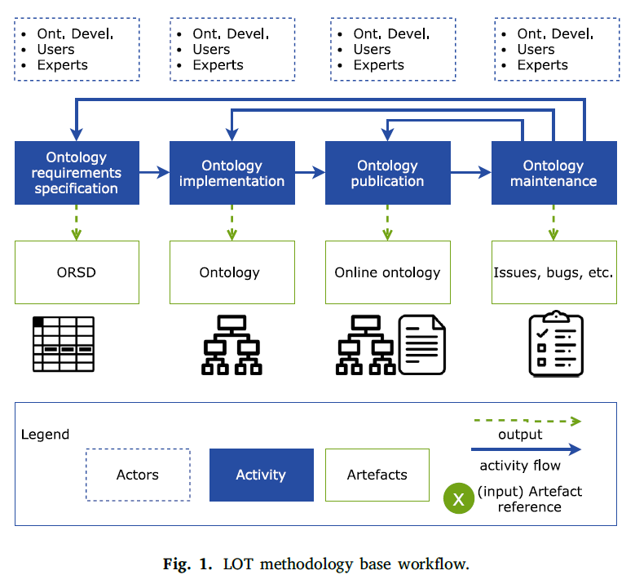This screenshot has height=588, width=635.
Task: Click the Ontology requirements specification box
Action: click(x=77, y=173)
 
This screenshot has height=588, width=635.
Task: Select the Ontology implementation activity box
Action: click(x=232, y=173)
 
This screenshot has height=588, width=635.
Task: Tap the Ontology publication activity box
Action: click(x=388, y=173)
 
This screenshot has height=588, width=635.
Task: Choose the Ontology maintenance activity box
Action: click(x=554, y=173)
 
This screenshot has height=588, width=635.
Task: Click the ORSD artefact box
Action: click(x=77, y=272)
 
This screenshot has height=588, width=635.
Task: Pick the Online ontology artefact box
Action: click(x=388, y=272)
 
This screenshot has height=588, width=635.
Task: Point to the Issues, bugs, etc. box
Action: click(x=554, y=272)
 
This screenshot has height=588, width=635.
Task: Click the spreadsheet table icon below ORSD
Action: click(x=64, y=344)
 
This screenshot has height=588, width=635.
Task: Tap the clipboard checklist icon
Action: click(x=556, y=343)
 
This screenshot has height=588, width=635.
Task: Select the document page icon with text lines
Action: click(x=422, y=344)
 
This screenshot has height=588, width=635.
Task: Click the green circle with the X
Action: click(x=458, y=498)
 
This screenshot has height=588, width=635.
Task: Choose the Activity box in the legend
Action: click(x=262, y=475)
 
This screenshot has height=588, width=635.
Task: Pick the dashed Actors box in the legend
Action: click(x=138, y=475)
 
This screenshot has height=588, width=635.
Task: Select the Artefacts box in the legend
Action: click(x=377, y=475)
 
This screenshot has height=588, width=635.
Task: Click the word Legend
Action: click(x=46, y=435)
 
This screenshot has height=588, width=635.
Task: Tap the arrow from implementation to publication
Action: click(x=310, y=173)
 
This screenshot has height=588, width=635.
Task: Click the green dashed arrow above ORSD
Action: click(x=77, y=223)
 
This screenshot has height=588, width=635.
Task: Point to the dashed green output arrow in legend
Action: click(x=527, y=422)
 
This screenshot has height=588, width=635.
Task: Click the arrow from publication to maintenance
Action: click(x=471, y=173)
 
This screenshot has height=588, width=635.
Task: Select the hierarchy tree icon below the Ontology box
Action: click(x=232, y=345)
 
